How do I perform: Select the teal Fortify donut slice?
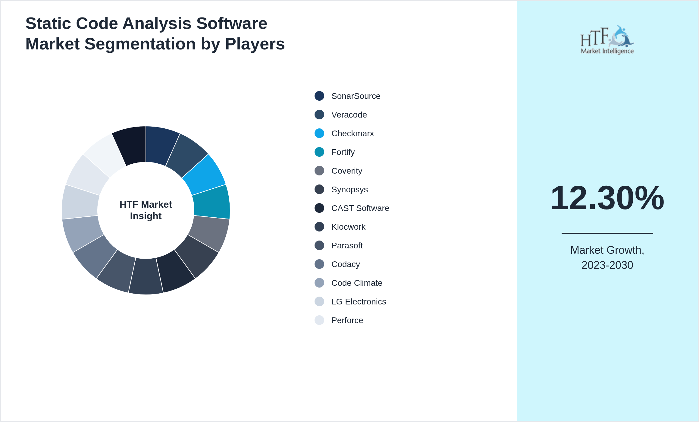click(212, 202)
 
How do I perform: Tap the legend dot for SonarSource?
click(319, 96)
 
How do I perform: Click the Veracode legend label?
click(349, 115)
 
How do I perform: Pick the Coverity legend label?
click(346, 171)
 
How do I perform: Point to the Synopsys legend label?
click(349, 190)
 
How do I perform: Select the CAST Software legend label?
click(360, 208)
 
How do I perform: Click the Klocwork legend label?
click(348, 227)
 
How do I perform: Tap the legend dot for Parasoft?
click(319, 245)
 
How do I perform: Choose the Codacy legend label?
click(346, 264)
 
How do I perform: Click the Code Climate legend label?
click(357, 283)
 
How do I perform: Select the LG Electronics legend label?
click(359, 302)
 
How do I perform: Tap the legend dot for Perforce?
click(319, 320)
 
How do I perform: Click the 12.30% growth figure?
click(607, 198)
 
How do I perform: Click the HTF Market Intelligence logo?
click(607, 40)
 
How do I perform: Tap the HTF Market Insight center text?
click(146, 210)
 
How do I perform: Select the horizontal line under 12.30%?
click(607, 233)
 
